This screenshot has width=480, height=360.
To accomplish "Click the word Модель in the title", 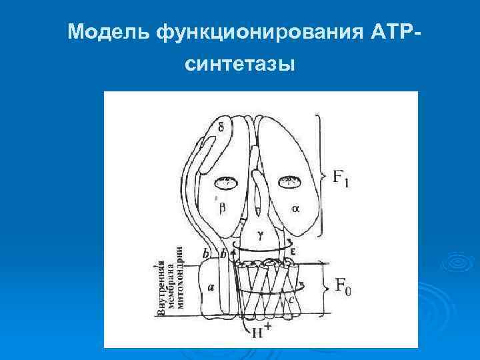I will click(111, 32).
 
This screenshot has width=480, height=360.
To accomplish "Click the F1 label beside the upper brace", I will click(340, 179).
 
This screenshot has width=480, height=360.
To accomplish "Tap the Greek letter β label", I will click(223, 208).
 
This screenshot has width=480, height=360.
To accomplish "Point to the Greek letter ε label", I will click(293, 251).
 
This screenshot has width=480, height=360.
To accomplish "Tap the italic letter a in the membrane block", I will click(211, 287).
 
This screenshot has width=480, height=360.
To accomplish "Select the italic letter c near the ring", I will click(292, 301).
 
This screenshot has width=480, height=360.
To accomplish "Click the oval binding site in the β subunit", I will click(227, 181).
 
